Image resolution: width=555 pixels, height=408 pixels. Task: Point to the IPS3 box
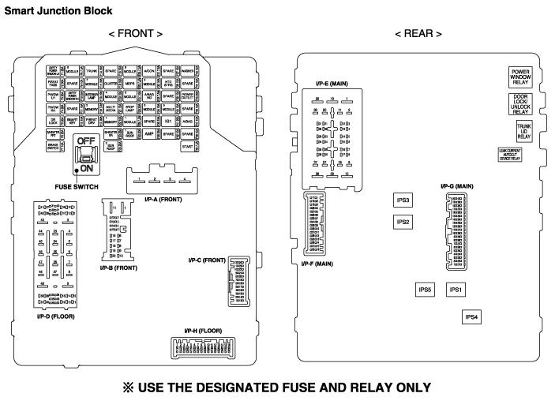[x=403, y=200]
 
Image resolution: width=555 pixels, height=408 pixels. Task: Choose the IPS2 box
[x=403, y=222]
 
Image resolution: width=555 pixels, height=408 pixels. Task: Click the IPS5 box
[x=425, y=290]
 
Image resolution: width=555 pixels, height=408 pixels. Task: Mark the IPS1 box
[x=455, y=290]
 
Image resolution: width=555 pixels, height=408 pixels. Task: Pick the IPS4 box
[x=472, y=316]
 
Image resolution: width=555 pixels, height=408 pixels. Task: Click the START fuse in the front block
[x=187, y=147]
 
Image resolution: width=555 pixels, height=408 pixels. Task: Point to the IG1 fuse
[x=168, y=122]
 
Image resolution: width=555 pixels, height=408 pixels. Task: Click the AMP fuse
[x=148, y=134]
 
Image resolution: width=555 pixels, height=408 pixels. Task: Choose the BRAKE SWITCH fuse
[x=53, y=147]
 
